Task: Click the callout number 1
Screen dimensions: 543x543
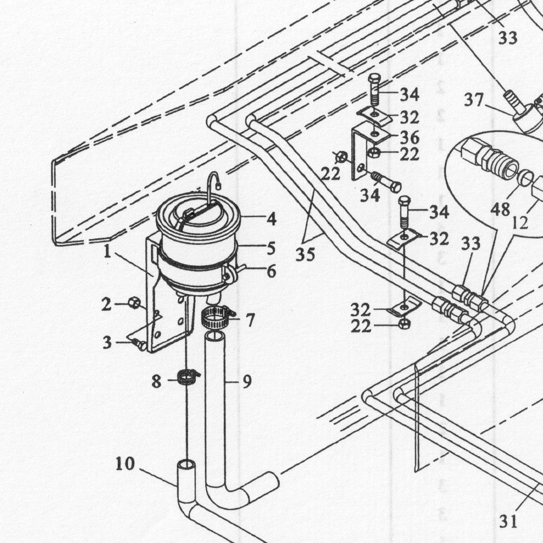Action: (107, 251)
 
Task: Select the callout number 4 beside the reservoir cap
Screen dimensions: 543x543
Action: (271, 219)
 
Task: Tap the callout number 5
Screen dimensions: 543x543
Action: (271, 248)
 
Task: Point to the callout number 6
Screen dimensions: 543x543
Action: (271, 271)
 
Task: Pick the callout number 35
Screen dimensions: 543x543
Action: (305, 255)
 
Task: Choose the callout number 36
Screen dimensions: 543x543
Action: (409, 138)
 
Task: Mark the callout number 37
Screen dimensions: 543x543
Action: (474, 100)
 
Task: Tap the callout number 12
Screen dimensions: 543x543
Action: (520, 223)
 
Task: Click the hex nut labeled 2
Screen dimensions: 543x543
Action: (134, 303)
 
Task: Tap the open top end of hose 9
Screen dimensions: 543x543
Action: (215, 336)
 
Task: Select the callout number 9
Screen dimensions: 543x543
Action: (247, 381)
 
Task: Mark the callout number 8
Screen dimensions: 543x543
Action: (157, 381)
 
